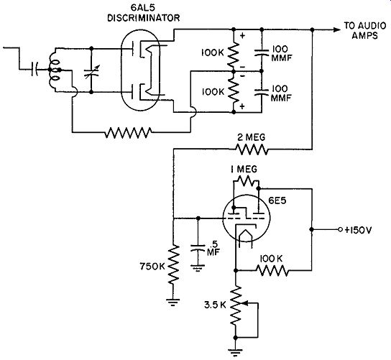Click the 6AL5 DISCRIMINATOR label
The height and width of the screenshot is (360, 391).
(143, 13)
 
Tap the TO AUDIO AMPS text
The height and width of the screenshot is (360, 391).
(365, 30)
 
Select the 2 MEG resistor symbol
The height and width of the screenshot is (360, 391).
(252, 149)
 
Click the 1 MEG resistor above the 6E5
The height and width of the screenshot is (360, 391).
(246, 181)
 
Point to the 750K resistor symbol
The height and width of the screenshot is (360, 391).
(173, 264)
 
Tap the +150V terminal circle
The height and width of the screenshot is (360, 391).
(340, 229)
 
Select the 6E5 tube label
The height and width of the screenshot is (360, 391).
(277, 200)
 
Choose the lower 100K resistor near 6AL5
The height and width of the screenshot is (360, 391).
(234, 92)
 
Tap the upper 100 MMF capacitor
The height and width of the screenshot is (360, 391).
(262, 52)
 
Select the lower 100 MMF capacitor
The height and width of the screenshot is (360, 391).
(262, 92)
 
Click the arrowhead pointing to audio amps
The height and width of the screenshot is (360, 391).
(337, 29)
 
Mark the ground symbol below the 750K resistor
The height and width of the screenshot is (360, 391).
(173, 302)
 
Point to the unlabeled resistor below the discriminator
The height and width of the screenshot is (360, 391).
(128, 132)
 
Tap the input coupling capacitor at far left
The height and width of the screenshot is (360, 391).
(34, 69)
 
